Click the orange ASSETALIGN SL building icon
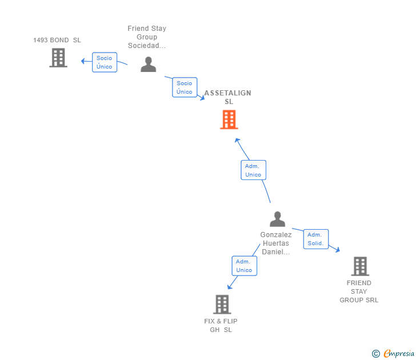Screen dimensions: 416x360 [229, 119]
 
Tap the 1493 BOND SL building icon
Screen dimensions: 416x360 [58, 58]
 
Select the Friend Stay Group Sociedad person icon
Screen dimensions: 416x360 [149, 64]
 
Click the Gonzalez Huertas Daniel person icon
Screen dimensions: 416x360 [277, 219]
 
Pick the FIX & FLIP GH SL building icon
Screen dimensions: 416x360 [222, 304]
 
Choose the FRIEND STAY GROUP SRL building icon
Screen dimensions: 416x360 [359, 266]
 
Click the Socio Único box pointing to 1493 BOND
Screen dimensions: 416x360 [105, 62]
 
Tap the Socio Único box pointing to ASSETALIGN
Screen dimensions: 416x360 [185, 87]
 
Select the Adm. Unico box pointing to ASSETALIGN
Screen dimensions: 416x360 [253, 170]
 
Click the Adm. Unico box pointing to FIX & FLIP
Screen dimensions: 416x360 [244, 266]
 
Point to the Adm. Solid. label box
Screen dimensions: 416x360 [315, 239]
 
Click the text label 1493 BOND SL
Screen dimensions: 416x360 [57, 40]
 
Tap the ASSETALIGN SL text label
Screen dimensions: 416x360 [228, 97]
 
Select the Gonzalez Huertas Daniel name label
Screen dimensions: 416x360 [276, 243]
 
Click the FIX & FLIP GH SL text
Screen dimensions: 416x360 [221, 325]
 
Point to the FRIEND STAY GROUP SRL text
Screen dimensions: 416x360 [359, 291]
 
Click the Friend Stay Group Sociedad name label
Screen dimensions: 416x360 [147, 37]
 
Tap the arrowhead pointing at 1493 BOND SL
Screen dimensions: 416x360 [83, 61]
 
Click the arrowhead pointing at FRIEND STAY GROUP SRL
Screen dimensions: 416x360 [338, 250]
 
